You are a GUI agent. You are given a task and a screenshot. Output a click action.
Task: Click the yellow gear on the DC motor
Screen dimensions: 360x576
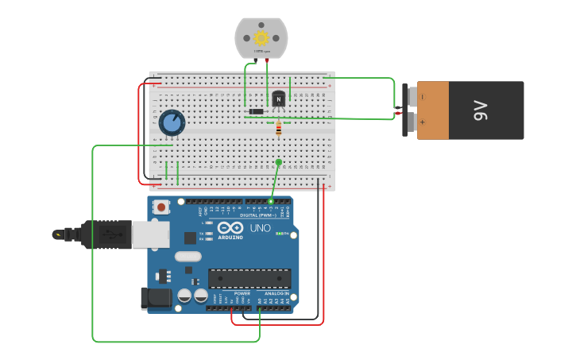pyautogui.click(x=261, y=37)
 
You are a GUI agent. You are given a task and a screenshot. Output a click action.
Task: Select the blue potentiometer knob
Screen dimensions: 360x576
pyautogui.click(x=172, y=122)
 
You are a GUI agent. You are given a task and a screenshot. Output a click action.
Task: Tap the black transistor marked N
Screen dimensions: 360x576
pyautogui.click(x=278, y=99)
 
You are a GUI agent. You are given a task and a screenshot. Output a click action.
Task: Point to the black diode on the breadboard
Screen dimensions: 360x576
pyautogui.click(x=256, y=111)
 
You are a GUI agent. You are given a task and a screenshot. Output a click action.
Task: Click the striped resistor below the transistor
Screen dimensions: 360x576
pyautogui.click(x=278, y=127)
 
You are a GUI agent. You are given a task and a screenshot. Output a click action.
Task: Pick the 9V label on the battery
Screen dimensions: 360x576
pyautogui.click(x=481, y=110)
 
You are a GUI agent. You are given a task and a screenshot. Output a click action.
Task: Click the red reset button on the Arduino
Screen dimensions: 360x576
pyautogui.click(x=161, y=207)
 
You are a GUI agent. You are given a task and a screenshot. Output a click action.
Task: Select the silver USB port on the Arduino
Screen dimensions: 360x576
pyautogui.click(x=150, y=234)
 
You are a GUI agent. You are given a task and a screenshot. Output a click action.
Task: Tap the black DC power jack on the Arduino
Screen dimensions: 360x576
pyautogui.click(x=156, y=298)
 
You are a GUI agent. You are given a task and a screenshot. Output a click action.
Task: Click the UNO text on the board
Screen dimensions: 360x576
pyautogui.click(x=261, y=228)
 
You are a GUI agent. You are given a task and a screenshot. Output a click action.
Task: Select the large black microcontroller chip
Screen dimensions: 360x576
pyautogui.click(x=249, y=278)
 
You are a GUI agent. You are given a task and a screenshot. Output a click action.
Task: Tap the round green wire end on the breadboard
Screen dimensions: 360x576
pyautogui.click(x=278, y=162)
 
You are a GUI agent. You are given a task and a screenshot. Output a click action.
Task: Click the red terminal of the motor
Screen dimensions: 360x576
pyautogui.click(x=267, y=60)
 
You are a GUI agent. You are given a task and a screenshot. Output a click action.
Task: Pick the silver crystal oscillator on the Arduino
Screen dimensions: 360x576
pyautogui.click(x=187, y=256)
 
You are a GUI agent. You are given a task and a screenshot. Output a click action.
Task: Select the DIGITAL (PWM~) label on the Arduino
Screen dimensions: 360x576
pyautogui.click(x=258, y=215)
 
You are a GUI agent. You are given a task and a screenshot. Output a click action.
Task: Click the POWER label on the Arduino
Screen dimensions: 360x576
pyautogui.click(x=242, y=293)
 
